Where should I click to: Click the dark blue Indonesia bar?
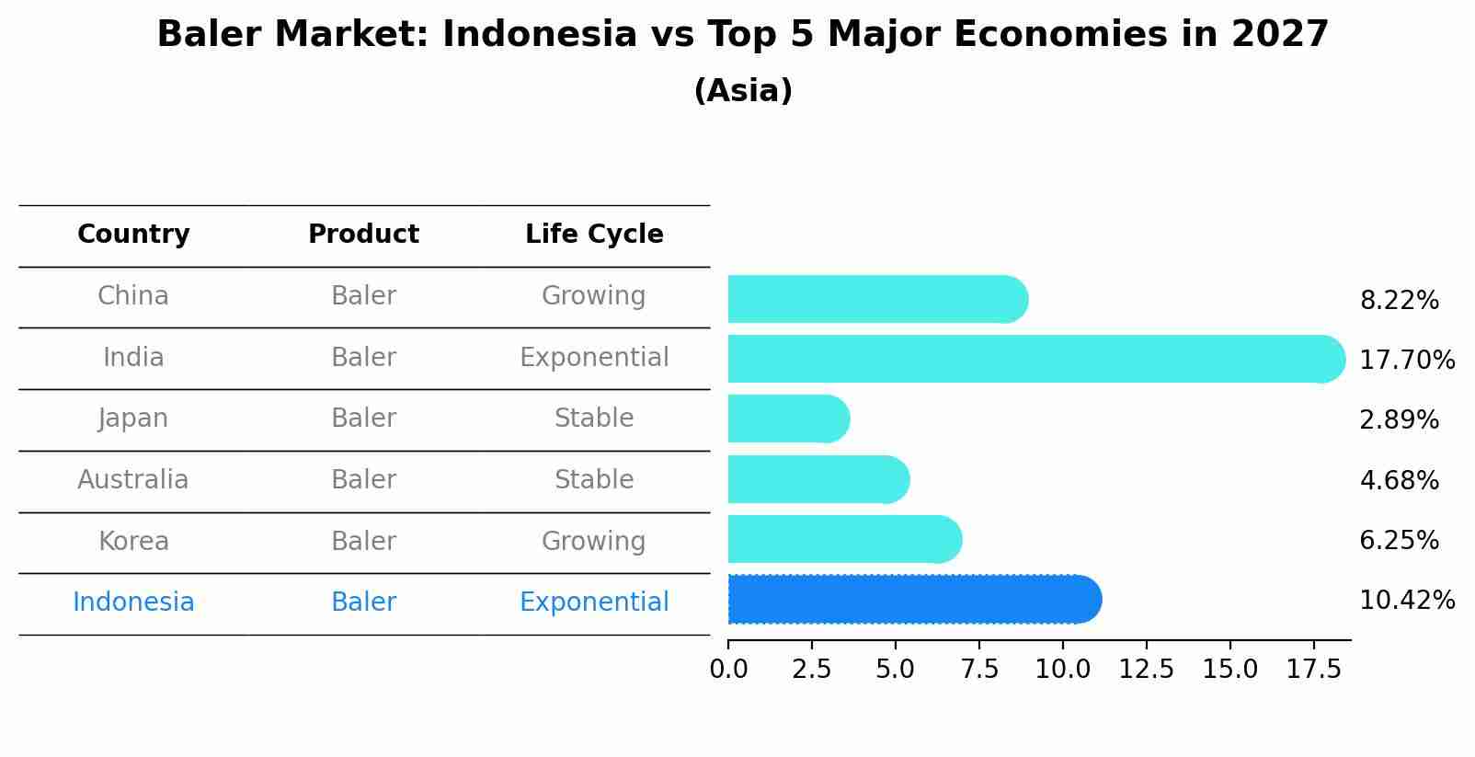click(x=910, y=600)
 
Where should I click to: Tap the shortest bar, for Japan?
click(x=786, y=419)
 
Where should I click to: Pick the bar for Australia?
click(x=817, y=479)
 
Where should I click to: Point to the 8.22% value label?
click(x=1399, y=301)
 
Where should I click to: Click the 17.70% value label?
click(x=1406, y=360)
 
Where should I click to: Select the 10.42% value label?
click(x=1406, y=601)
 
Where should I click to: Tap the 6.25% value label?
click(x=1399, y=541)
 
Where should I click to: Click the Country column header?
click(x=133, y=235)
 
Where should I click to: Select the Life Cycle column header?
click(x=594, y=235)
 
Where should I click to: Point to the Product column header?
click(x=363, y=235)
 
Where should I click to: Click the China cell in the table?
click(x=133, y=296)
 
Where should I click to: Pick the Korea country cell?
click(x=133, y=541)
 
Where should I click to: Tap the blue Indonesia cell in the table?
click(x=133, y=602)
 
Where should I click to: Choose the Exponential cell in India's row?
click(x=594, y=358)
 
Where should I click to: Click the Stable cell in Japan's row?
click(x=594, y=419)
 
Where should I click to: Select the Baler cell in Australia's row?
click(x=363, y=480)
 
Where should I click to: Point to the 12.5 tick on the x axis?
click(x=1146, y=670)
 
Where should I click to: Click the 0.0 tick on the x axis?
click(x=728, y=670)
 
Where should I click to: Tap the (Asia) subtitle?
click(x=743, y=91)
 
